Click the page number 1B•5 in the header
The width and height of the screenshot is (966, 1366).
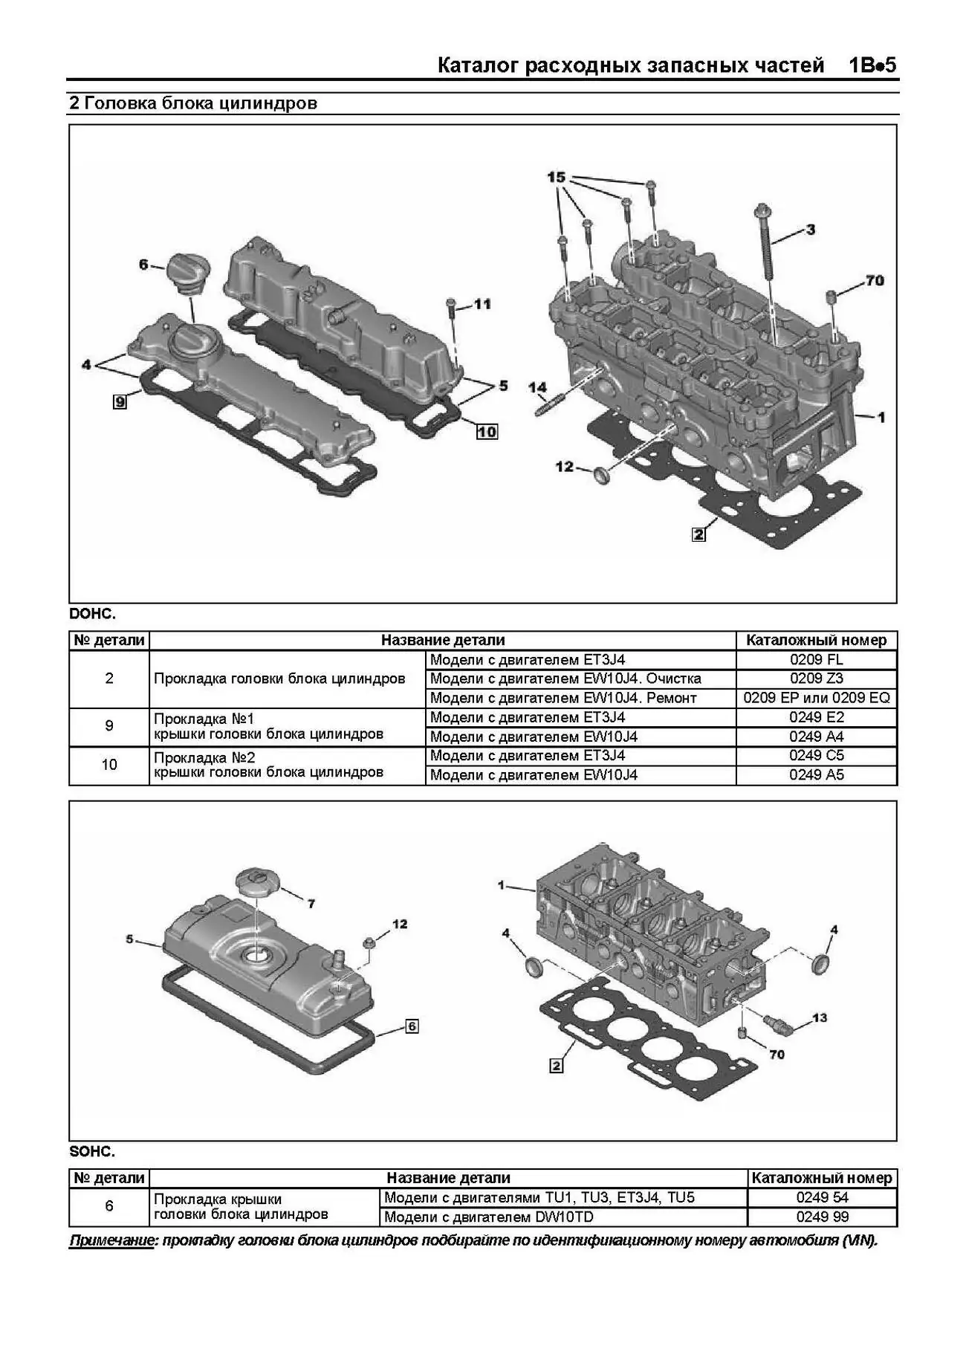tap(873, 65)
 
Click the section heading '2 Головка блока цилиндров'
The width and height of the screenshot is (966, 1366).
tap(193, 103)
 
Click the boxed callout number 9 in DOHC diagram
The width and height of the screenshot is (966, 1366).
tap(120, 401)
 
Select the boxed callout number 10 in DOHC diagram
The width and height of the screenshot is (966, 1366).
tap(487, 431)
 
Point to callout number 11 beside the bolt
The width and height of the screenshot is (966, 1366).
tap(482, 304)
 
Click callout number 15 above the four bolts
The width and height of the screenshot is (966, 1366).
tap(557, 178)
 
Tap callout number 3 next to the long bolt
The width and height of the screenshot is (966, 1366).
tap(811, 230)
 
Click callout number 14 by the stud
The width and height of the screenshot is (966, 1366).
tap(537, 387)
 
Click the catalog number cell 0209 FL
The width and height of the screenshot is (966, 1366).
tap(817, 660)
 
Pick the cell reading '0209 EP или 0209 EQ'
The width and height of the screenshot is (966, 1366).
tap(817, 698)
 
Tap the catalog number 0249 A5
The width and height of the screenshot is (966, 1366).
tap(817, 775)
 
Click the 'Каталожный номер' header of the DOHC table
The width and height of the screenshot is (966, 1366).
tap(817, 640)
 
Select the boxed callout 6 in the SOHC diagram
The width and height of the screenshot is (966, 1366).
tap(412, 1026)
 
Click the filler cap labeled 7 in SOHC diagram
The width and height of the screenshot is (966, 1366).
tap(257, 884)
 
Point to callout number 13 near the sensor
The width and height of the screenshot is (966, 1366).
tap(820, 1017)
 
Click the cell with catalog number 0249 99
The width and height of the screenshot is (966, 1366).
tap(823, 1217)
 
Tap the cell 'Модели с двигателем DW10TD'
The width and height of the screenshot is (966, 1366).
tap(489, 1217)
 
